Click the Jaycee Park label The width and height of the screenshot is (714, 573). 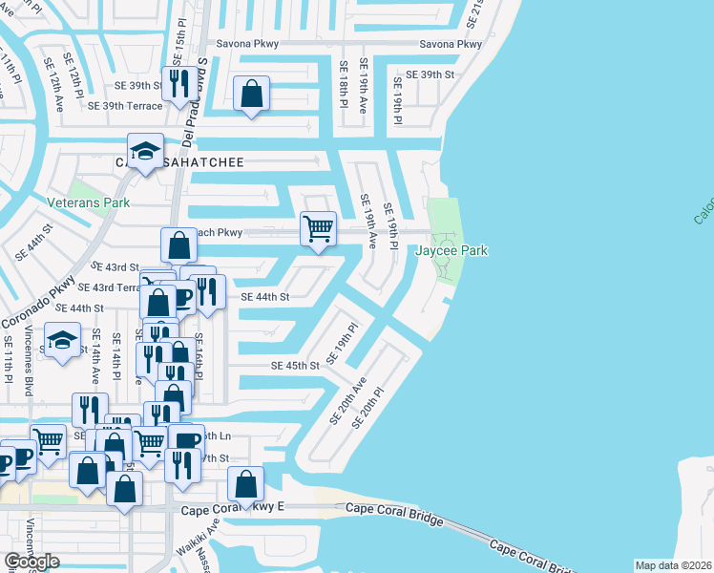[x=451, y=250]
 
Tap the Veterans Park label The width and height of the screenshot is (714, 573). [x=88, y=202]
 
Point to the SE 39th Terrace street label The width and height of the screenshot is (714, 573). [x=125, y=106]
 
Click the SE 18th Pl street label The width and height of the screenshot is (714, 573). [x=343, y=84]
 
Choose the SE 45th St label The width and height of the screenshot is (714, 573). [x=294, y=366]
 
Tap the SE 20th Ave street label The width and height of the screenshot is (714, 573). [x=348, y=400]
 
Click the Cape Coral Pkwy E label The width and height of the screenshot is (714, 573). [x=233, y=512]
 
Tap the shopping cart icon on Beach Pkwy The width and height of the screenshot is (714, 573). [x=318, y=228]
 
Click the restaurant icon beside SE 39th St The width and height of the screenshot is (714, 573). [x=178, y=84]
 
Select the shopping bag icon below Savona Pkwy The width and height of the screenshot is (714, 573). [x=251, y=94]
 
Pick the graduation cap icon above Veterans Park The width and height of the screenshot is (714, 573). [x=145, y=151]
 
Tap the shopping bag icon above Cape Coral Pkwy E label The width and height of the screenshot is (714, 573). [x=246, y=483]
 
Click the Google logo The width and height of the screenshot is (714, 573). [x=32, y=562]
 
